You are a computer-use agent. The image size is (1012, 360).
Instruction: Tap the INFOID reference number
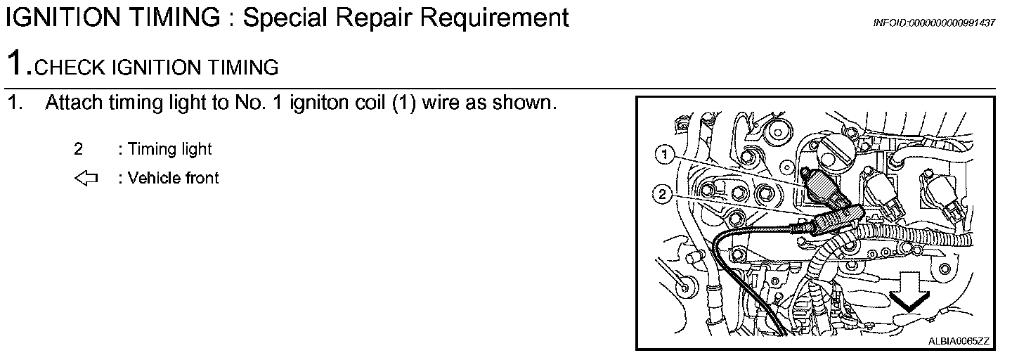(x=934, y=23)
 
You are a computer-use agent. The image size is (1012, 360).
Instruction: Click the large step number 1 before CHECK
(x=15, y=64)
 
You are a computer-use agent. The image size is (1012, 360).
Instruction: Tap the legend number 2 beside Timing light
(x=78, y=149)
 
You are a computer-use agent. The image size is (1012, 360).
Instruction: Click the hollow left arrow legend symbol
(x=86, y=179)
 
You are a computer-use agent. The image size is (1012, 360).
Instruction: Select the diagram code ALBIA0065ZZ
(x=958, y=342)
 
